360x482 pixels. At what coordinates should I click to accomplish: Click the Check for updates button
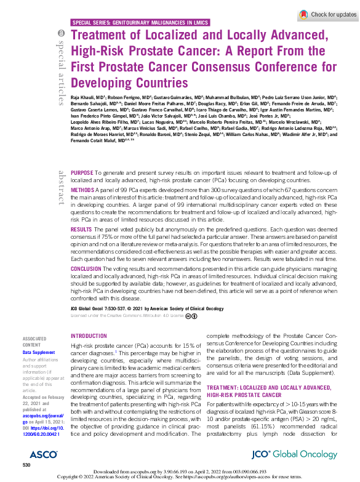tap(327, 14)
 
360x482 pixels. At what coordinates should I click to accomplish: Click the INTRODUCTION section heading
tap(89, 336)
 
